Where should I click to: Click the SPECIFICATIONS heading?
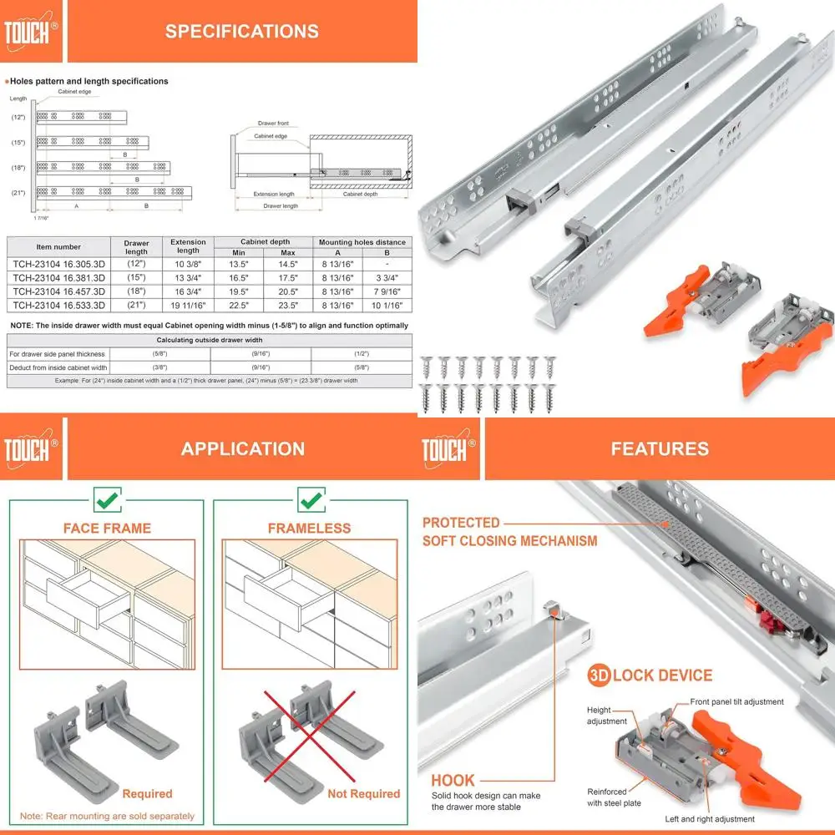(241, 32)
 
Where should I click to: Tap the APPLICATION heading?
(242, 448)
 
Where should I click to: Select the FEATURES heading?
(659, 448)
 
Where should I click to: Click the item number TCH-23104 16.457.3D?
(58, 291)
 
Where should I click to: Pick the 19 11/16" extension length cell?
(188, 306)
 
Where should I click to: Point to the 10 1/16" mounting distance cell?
(386, 306)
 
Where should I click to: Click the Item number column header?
(58, 247)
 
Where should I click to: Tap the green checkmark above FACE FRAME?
(107, 501)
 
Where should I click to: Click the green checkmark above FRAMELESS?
(311, 501)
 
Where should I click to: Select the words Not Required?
(363, 793)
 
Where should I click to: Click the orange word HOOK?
(453, 781)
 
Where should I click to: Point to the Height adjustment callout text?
(605, 715)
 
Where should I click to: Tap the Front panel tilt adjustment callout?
(736, 702)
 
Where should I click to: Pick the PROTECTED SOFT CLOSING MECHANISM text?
(509, 532)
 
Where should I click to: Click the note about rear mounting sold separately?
(108, 816)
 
